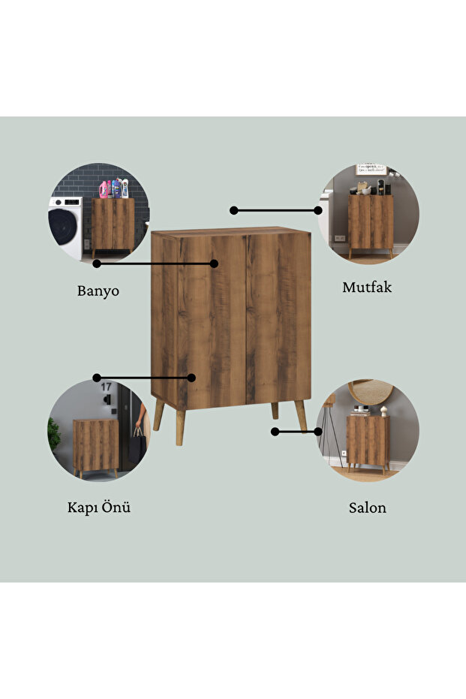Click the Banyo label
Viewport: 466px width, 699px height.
pyautogui.click(x=98, y=291)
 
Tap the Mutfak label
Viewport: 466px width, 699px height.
pyautogui.click(x=367, y=287)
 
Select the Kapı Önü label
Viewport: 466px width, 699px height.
pyautogui.click(x=99, y=507)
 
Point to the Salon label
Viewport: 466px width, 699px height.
pyautogui.click(x=368, y=508)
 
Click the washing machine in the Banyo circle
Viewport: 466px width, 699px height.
pyautogui.click(x=65, y=227)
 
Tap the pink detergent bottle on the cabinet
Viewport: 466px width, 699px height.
pyautogui.click(x=104, y=189)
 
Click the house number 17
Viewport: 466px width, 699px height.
pyautogui.click(x=106, y=387)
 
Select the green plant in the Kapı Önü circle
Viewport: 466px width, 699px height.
pyautogui.click(x=54, y=434)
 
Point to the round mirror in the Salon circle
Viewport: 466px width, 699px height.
pyautogui.click(x=371, y=391)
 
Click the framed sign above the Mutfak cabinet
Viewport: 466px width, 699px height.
pyautogui.click(x=371, y=169)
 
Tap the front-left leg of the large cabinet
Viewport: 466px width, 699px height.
pyautogui.click(x=180, y=427)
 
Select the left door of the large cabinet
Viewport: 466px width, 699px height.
pyautogui.click(x=212, y=322)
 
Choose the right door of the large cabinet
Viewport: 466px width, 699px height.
pyautogui.click(x=278, y=318)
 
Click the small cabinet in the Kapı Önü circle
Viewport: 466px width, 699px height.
pyautogui.click(x=96, y=447)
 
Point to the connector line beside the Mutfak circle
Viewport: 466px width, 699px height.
pyautogui.click(x=275, y=210)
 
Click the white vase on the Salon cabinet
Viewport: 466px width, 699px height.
pyautogui.click(x=383, y=411)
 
